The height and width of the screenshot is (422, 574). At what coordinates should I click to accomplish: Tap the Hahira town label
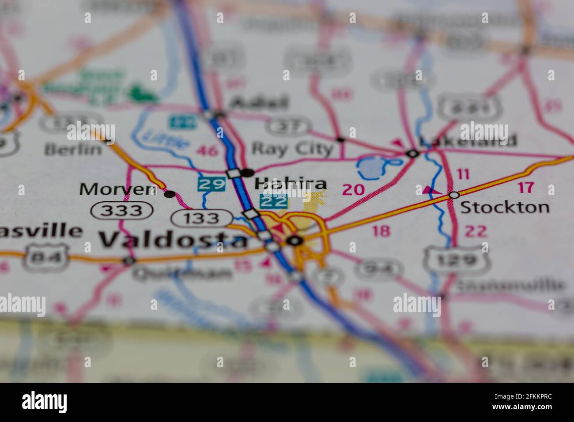click(x=291, y=184)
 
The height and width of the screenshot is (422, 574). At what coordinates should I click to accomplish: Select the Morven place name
click(x=117, y=189)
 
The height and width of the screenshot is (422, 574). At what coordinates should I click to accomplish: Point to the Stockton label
click(x=505, y=207)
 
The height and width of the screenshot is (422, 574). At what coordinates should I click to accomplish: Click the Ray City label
click(x=292, y=149)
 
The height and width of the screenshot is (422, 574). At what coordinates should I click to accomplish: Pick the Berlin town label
click(x=73, y=149)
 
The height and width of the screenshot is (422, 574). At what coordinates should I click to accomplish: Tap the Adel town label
click(x=260, y=104)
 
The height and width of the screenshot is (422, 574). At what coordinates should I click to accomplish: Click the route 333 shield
click(x=122, y=211)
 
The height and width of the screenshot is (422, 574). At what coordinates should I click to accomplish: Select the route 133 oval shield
click(x=202, y=218)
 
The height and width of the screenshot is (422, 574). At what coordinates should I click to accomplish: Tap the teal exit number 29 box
click(x=211, y=184)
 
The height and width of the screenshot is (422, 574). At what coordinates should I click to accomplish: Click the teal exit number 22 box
click(x=273, y=202)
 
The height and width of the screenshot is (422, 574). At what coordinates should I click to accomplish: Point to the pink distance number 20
click(x=353, y=190)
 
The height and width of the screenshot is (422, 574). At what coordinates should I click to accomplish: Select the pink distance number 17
click(x=525, y=188)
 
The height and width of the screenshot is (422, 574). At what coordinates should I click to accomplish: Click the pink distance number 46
click(x=207, y=151)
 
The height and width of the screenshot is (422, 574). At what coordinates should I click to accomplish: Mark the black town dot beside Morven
click(x=169, y=194)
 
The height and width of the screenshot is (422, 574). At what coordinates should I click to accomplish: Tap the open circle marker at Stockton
click(x=454, y=195)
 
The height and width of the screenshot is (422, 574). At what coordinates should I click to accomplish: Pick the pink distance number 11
click(x=463, y=174)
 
